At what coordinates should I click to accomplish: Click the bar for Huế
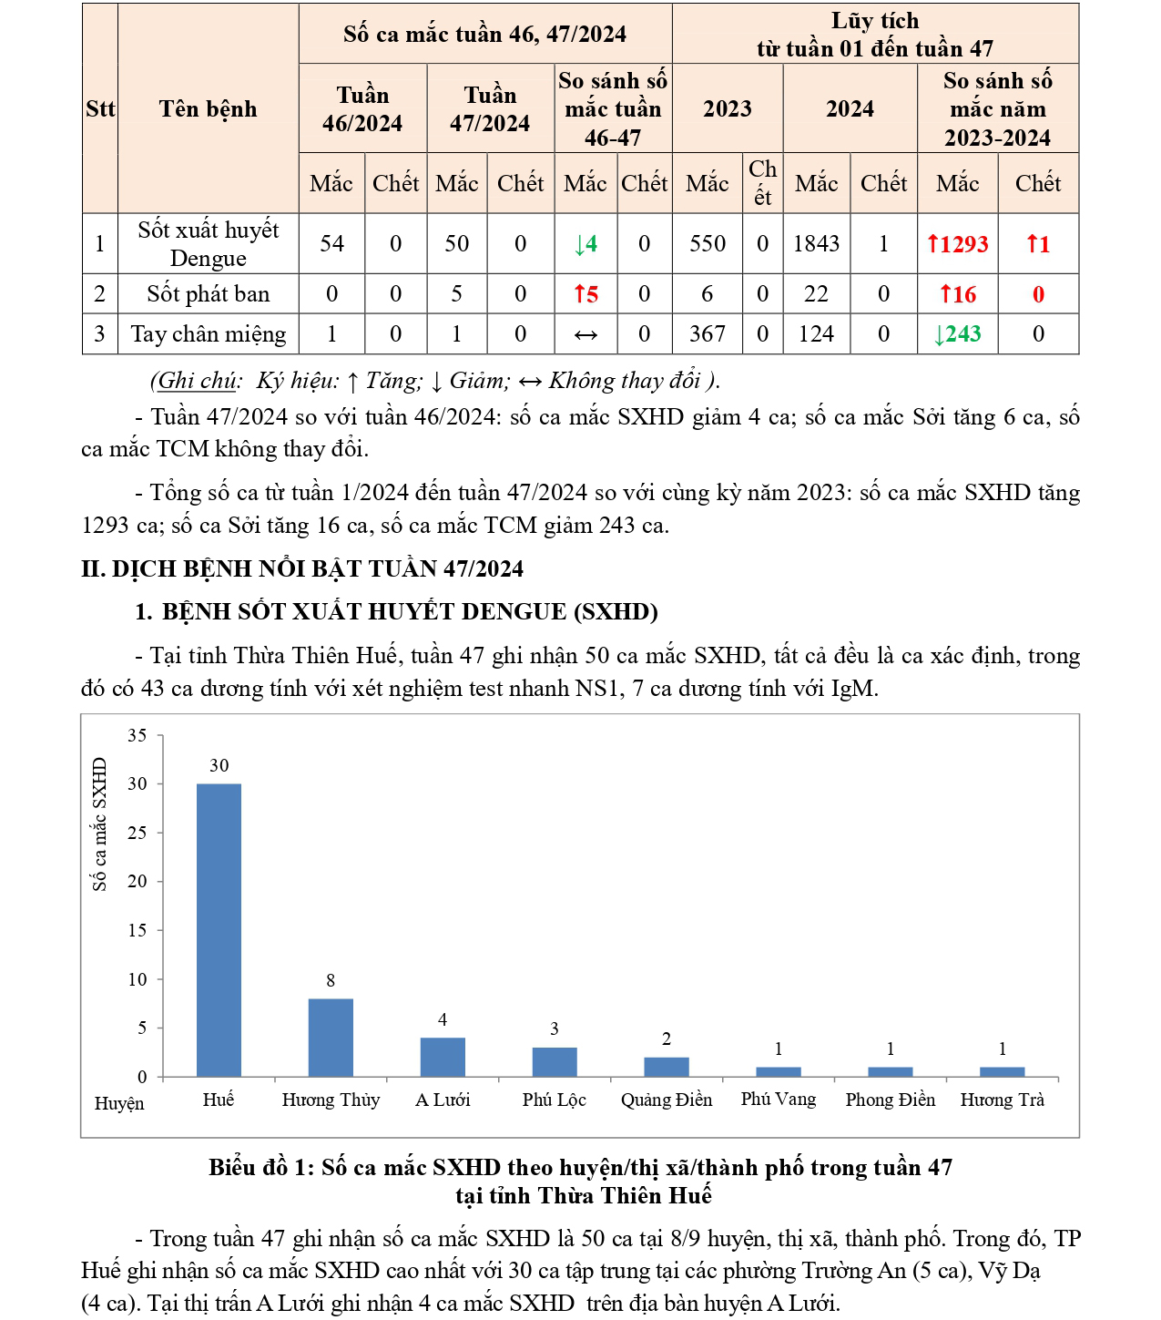(219, 929)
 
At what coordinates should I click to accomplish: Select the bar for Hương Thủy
(331, 1038)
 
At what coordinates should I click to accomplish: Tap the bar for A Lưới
(443, 1057)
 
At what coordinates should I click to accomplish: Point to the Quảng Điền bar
(667, 1067)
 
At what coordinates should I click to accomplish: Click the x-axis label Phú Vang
(779, 1100)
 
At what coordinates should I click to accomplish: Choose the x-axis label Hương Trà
(1002, 1100)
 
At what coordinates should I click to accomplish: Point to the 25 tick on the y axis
(137, 833)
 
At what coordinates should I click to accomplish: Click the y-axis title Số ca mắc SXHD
(99, 824)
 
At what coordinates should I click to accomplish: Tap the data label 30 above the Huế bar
(219, 766)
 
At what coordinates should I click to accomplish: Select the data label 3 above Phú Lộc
(555, 1029)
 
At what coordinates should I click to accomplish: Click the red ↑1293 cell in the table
(957, 244)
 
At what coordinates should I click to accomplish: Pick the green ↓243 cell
(957, 334)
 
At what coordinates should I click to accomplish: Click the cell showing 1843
(816, 244)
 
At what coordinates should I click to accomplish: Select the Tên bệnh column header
(208, 109)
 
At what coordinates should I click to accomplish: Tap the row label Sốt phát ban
(208, 294)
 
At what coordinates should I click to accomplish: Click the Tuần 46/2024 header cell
(362, 109)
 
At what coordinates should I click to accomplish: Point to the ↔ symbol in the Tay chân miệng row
(586, 335)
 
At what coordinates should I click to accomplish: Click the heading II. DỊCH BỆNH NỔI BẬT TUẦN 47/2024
(302, 569)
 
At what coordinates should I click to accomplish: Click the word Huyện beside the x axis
(119, 1104)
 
